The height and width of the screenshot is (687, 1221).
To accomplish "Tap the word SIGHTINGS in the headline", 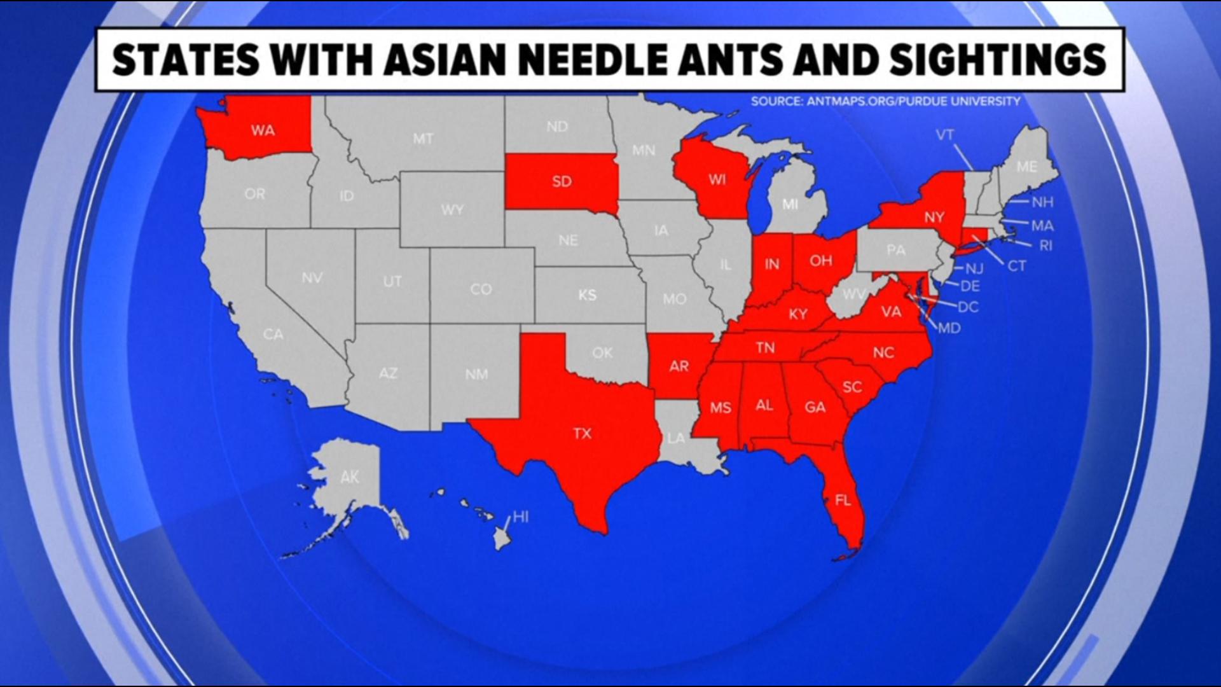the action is coord(998,60).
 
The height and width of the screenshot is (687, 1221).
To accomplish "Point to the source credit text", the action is coord(885,101).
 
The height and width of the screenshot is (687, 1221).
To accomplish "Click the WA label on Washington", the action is coord(263,130).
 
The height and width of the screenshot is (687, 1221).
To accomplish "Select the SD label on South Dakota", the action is coord(562,182).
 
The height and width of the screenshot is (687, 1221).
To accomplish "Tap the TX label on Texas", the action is coord(582,434).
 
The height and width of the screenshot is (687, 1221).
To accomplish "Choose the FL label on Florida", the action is coord(843,501).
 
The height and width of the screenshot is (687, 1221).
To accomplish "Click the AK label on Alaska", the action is coord(349,476).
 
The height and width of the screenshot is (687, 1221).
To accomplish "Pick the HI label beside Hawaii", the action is coord(521,517).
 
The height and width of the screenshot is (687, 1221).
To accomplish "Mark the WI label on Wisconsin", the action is coord(717,179).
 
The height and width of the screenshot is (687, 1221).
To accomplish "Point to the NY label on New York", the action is coord(934,217).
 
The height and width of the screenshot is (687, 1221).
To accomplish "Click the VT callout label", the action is coord(944,135).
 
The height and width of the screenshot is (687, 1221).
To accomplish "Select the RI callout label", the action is coord(1045,246).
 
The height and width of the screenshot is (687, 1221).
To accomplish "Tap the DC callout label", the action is coord(968,307).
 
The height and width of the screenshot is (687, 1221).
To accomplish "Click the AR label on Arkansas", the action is coord(679,366).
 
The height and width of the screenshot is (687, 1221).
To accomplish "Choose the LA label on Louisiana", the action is coord(676,438).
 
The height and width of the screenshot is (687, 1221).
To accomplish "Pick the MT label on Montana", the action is coord(423,139).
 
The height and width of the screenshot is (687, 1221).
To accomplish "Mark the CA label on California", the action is coord(273,334).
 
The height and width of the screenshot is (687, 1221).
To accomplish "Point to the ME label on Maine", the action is coord(1026,167).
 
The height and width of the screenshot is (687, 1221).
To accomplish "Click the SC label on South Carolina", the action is coord(852,387).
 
